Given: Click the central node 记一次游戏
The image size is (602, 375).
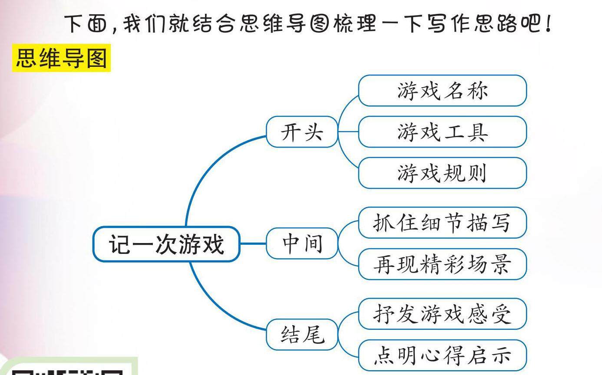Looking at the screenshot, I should pos(166,244).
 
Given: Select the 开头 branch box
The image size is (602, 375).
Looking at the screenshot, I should pos(302,132).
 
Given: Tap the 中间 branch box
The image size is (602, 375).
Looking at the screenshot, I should pos(302,243).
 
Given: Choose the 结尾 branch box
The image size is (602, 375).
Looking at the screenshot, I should pos(302,334).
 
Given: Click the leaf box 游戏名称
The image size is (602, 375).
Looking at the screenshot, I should pos(442,91).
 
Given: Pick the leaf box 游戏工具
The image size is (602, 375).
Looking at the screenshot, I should pos(442,132).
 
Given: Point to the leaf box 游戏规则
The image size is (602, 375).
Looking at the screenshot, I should pos(442,173).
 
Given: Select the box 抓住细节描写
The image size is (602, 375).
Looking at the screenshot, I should pos(442,223).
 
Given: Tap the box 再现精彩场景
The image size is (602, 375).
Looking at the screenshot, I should pos(442,264).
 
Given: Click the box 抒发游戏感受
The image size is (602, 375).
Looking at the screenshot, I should pos(442,314).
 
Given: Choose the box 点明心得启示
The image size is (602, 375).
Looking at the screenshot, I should pos(442,355).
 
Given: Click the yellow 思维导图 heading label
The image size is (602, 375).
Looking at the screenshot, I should pos(61,58).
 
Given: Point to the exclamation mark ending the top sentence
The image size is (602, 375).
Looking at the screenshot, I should pos(549,24).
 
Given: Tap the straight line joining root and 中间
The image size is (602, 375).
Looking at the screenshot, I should pos(252,243).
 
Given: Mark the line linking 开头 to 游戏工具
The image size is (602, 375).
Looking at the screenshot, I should pos(348,132).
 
